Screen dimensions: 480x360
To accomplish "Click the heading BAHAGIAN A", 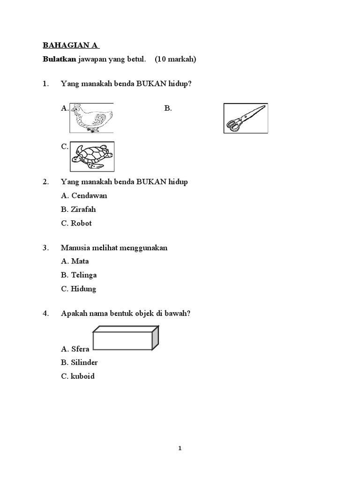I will click(x=71, y=45).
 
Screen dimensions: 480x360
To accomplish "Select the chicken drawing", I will click(x=91, y=118).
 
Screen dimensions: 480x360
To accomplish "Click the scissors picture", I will click(x=245, y=118).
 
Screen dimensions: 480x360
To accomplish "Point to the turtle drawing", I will click(x=92, y=157).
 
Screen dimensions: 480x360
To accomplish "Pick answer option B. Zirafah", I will click(x=78, y=210).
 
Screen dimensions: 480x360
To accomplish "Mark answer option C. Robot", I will click(x=76, y=223).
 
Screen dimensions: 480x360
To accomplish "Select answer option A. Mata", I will click(x=75, y=261).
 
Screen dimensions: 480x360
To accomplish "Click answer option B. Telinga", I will click(x=79, y=275).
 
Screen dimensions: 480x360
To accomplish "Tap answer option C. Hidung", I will click(x=78, y=289).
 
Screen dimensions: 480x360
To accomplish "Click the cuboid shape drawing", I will click(x=126, y=338).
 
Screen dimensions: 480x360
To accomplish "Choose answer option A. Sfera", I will click(x=75, y=349).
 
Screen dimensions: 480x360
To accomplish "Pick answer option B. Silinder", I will click(x=79, y=362).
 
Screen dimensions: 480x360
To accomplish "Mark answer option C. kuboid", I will click(x=77, y=376).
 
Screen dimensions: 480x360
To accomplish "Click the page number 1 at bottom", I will click(x=180, y=449).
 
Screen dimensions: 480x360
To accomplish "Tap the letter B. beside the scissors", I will click(x=168, y=108).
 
